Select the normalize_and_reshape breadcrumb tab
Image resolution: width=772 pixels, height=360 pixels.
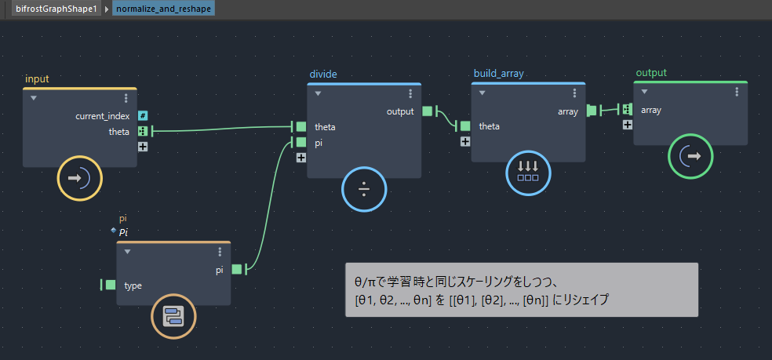[163, 9]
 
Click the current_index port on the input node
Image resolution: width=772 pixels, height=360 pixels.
[143, 116]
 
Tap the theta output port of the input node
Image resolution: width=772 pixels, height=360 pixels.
[143, 131]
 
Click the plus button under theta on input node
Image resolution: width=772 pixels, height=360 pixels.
[143, 146]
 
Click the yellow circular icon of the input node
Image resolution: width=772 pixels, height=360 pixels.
[80, 178]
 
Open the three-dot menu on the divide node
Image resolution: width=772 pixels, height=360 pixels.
[410, 94]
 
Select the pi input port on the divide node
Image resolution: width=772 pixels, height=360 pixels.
[300, 142]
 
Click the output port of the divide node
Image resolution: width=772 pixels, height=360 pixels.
[428, 111]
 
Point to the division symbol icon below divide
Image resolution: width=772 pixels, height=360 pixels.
[364, 189]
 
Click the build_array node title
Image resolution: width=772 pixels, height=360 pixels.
[498, 74]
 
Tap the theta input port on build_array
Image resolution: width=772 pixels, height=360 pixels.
[465, 126]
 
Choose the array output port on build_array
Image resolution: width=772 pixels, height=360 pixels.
[592, 111]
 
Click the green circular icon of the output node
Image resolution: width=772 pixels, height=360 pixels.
[690, 156]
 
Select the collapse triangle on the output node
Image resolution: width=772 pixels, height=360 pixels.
[644, 92]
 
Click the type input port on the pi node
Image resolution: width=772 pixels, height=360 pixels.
[111, 285]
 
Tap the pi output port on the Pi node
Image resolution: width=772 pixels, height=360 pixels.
[237, 269]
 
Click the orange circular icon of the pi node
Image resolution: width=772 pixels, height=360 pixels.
[173, 316]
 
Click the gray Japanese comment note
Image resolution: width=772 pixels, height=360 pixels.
[522, 289]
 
